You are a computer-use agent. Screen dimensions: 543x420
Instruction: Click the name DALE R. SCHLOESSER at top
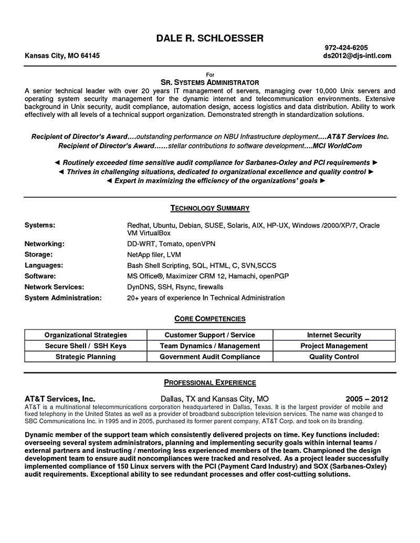click(209, 38)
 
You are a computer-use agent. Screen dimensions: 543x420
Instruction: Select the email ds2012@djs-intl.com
click(357, 56)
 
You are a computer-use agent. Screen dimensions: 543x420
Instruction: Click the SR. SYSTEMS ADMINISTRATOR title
click(209, 82)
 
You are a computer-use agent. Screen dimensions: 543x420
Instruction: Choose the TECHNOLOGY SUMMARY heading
click(209, 208)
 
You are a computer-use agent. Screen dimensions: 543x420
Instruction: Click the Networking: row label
click(45, 244)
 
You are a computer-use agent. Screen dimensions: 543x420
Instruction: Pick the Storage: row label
click(38, 254)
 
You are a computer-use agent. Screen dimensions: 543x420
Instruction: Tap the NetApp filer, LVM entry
click(154, 254)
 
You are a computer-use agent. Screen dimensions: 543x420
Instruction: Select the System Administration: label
click(63, 298)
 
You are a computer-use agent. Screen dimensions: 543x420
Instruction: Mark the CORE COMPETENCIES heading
click(209, 318)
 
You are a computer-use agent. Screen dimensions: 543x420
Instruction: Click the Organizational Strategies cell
click(86, 335)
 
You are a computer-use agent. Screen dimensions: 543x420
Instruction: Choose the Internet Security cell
click(334, 335)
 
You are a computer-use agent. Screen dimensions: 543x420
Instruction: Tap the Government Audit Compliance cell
click(210, 357)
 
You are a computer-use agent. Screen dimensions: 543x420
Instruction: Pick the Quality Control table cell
click(334, 357)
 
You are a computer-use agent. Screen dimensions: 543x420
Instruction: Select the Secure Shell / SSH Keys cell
click(86, 346)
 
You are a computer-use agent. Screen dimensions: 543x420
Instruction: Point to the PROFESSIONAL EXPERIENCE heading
click(209, 382)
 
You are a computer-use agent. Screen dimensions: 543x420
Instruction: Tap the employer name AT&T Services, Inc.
click(60, 398)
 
